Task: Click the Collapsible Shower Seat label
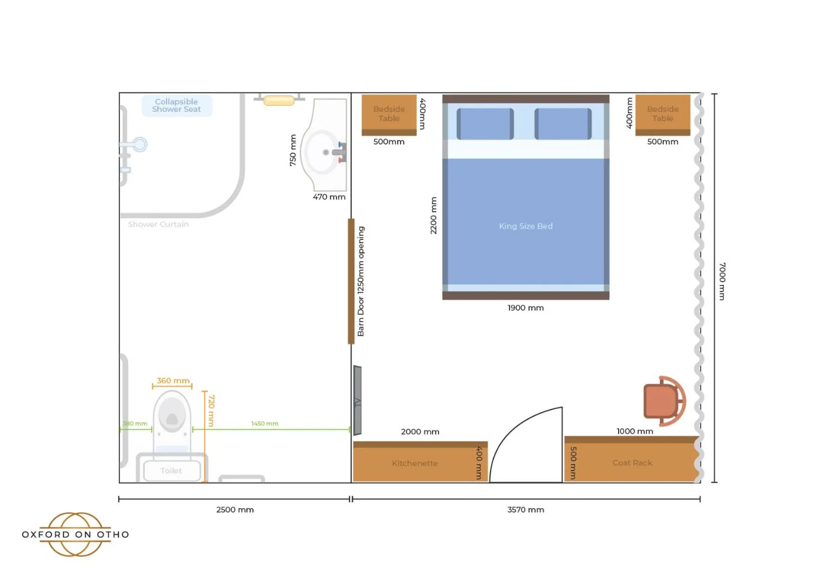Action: tap(176, 105)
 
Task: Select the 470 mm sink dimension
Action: tap(329, 197)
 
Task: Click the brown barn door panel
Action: tap(351, 281)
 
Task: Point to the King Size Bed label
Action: tap(525, 226)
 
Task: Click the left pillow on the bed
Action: tap(485, 124)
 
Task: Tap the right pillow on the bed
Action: tap(562, 124)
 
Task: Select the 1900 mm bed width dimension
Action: tap(525, 308)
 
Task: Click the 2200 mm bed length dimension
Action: tap(433, 215)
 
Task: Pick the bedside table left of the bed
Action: tap(389, 114)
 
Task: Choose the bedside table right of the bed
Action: tap(662, 114)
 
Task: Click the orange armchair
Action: tap(663, 401)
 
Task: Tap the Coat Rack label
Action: tap(632, 463)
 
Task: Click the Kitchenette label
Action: tap(414, 463)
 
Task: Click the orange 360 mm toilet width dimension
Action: tap(173, 381)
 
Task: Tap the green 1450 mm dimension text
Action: tap(265, 423)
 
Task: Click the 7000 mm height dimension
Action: tap(722, 281)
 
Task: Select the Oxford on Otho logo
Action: tap(75, 534)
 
